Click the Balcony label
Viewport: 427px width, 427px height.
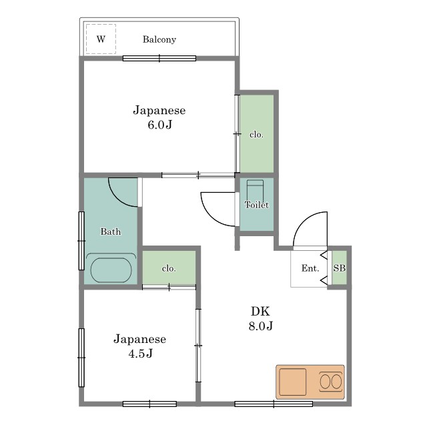pos(159,39)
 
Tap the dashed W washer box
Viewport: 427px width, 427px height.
pos(101,39)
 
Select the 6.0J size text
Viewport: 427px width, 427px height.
pos(160,125)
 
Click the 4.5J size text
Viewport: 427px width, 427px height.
pos(140,354)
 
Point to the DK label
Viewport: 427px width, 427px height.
pos(260,311)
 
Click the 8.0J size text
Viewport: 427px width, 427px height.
pos(261,326)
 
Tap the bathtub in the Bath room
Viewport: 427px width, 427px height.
pos(111,269)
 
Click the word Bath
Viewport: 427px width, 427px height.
pos(111,232)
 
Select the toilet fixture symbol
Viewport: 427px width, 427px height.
pos(255,191)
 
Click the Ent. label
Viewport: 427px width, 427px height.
pos(310,268)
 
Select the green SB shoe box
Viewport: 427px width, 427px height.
pos(340,268)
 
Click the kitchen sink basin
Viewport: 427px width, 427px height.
pos(293,382)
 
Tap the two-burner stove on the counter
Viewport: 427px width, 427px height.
pos(331,381)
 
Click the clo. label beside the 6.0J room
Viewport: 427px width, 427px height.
pos(256,135)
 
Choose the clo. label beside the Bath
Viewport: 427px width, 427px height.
pos(169,268)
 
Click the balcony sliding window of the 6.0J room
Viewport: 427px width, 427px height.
pos(159,58)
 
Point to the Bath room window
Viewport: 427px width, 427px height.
pos(81,241)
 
